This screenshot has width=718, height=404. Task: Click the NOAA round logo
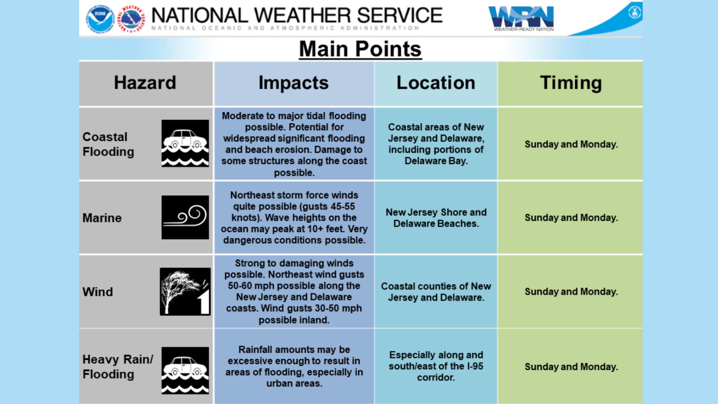point(100,18)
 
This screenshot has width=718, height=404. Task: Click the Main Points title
point(360,49)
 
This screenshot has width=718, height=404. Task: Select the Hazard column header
point(145,83)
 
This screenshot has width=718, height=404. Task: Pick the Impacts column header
point(294,83)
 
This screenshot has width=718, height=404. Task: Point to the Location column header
point(436,83)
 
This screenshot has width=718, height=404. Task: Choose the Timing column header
point(571,83)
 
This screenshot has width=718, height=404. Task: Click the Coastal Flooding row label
point(108,144)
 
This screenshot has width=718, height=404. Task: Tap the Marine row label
point(102,218)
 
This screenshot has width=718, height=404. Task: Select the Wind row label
point(98,292)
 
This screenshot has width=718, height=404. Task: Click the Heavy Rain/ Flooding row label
point(118,367)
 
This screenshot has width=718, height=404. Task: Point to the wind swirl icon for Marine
point(185,217)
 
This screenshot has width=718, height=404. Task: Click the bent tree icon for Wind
point(185,292)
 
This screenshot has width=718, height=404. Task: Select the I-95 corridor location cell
point(436,366)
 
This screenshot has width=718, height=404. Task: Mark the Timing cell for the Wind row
point(571,292)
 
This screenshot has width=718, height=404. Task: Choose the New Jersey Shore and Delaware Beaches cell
point(436,218)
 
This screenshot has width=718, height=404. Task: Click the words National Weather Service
point(297,15)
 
